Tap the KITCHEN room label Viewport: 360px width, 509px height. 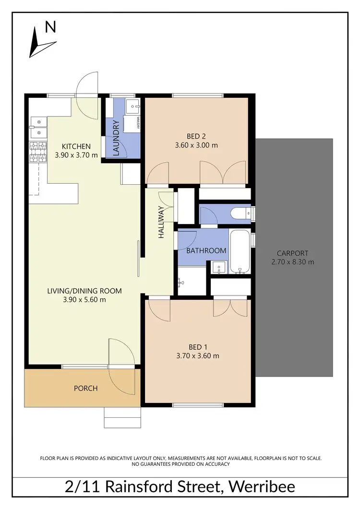[76, 146]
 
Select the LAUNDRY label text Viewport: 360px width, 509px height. [115, 141]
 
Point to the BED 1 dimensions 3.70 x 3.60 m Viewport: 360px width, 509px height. [198, 356]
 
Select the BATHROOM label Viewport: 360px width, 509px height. [206, 250]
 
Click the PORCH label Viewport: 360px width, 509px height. [85, 388]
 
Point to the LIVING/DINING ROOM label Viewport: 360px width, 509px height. [84, 291]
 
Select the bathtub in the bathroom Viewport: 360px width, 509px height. [239, 252]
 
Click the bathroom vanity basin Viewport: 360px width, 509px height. [219, 267]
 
